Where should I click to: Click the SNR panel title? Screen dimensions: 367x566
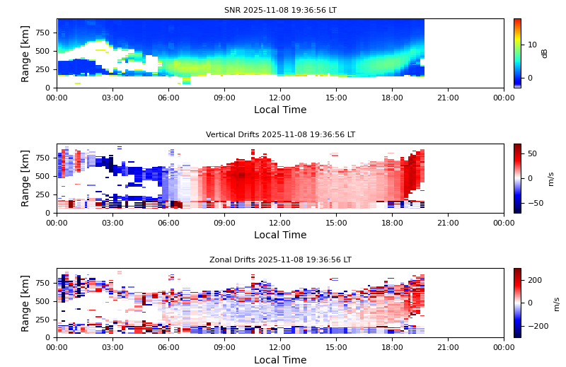(x=280, y=11)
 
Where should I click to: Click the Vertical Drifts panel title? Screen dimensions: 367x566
(x=280, y=135)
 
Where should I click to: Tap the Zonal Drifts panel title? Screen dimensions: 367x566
(x=280, y=260)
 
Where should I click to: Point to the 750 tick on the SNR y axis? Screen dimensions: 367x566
(x=42, y=33)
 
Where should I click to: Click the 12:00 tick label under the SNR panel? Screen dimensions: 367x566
(x=280, y=98)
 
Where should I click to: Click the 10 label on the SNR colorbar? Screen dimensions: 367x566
(x=532, y=45)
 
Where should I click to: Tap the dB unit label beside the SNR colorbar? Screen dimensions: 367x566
(x=545, y=53)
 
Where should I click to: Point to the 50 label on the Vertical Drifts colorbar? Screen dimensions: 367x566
(x=532, y=153)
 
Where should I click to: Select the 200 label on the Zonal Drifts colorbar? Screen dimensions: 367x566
(x=535, y=280)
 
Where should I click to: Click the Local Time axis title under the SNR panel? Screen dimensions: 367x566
(x=280, y=110)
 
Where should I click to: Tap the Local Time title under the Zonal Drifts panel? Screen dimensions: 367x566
(x=280, y=360)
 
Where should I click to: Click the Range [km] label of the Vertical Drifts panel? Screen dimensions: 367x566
(x=25, y=178)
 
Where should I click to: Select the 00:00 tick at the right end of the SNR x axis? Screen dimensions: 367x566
(x=504, y=98)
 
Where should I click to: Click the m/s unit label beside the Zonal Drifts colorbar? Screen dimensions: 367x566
(x=556, y=303)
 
